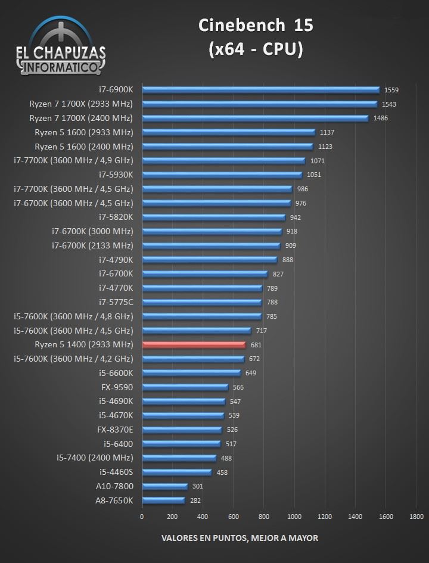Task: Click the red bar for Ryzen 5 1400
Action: click(194, 344)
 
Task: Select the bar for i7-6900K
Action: click(260, 90)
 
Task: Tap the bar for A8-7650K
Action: click(163, 500)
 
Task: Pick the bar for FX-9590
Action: click(185, 387)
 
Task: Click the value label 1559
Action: click(391, 90)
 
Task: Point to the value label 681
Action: click(256, 345)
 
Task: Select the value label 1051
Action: click(313, 175)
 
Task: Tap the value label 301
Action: click(198, 487)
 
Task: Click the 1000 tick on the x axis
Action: click(294, 517)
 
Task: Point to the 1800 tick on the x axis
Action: click(416, 517)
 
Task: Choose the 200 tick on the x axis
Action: click(172, 517)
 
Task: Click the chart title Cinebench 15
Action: click(255, 25)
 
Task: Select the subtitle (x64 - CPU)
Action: click(255, 50)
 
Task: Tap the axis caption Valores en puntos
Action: click(240, 538)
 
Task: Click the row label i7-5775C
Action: click(116, 302)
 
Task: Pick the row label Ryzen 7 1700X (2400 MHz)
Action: click(81, 118)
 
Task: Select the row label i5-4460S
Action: click(116, 472)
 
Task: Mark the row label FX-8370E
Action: click(115, 430)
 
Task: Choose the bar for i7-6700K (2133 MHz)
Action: click(211, 245)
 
